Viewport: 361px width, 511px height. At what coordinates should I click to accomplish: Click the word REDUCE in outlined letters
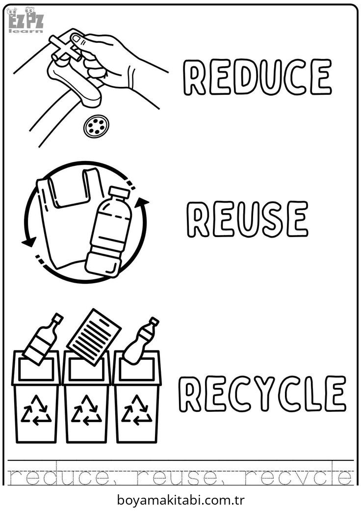tap(257, 77)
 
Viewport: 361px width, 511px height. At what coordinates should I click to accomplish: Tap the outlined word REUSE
tap(247, 218)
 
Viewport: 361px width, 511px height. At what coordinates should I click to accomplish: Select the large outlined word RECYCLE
tap(262, 394)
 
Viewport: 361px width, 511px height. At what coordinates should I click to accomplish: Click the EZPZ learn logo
tap(26, 20)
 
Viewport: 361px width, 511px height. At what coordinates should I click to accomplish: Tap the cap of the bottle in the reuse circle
tap(119, 192)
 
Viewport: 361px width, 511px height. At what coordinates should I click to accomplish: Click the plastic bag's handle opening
tap(70, 188)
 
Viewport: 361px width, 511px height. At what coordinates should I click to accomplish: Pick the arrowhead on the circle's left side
tap(28, 242)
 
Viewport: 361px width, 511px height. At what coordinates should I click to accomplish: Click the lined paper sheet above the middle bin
tap(94, 337)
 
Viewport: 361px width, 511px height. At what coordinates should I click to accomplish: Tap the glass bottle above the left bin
tap(42, 339)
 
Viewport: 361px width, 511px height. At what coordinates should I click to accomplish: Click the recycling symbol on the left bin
tap(36, 410)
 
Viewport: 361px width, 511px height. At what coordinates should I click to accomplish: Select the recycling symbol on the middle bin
tap(86, 410)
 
